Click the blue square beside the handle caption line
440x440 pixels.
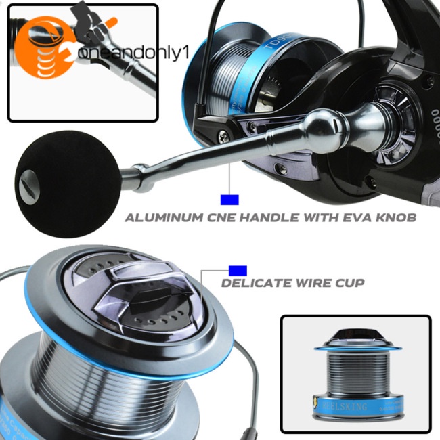(230, 199)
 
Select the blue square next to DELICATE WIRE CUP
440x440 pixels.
(238, 270)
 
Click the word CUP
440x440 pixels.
(349, 282)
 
